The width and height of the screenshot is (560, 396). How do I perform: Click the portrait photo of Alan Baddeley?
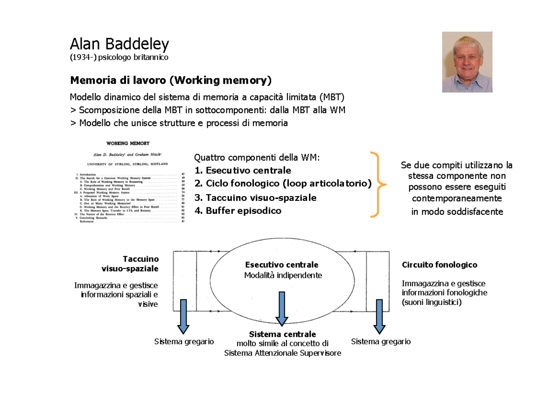point(467,62)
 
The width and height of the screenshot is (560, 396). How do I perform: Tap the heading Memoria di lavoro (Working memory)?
point(170,80)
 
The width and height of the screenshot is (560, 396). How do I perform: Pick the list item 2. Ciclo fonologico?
point(283,184)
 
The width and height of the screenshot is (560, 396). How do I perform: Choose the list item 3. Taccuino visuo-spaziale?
point(255,198)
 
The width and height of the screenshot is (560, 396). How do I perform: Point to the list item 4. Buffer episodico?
point(238,211)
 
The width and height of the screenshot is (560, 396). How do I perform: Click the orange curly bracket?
point(378,184)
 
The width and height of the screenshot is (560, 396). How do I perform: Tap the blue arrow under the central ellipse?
point(281,308)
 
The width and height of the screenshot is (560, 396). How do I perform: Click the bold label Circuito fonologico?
point(439,265)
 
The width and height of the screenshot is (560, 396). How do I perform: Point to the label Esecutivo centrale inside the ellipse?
point(281,265)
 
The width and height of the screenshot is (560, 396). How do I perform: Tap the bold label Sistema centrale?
point(282,334)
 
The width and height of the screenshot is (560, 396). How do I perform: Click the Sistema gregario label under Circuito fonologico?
point(381,342)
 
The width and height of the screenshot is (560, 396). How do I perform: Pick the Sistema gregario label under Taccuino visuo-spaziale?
point(184,342)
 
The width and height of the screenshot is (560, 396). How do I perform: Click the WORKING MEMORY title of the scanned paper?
point(128,143)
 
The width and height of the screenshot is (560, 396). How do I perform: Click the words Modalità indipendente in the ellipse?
point(283,275)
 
